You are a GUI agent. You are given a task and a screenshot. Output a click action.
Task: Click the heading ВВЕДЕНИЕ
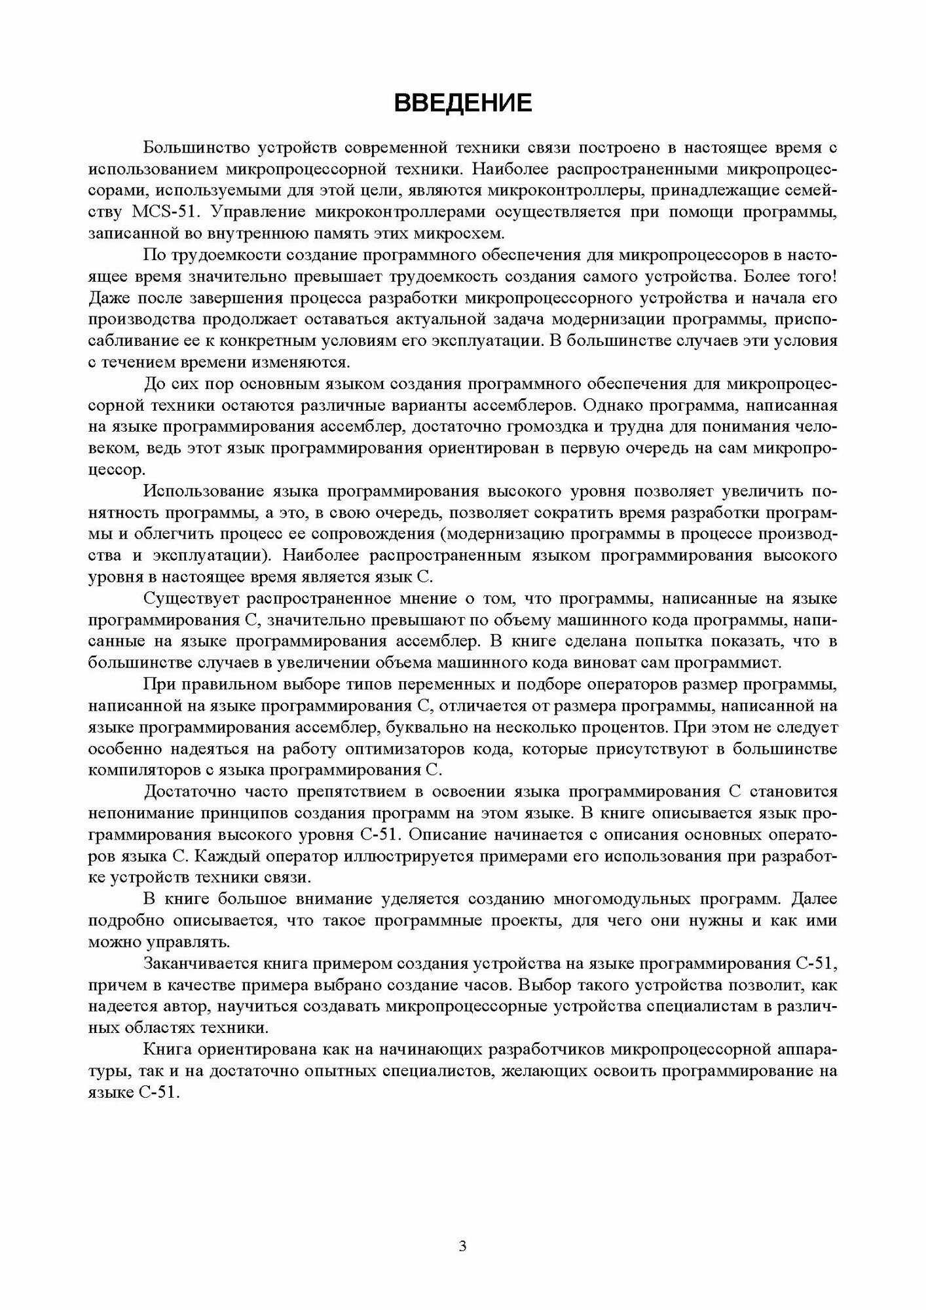[462, 103]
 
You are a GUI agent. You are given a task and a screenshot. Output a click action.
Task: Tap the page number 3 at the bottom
[462, 1247]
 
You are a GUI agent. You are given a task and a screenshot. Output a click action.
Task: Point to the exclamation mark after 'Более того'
[834, 276]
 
